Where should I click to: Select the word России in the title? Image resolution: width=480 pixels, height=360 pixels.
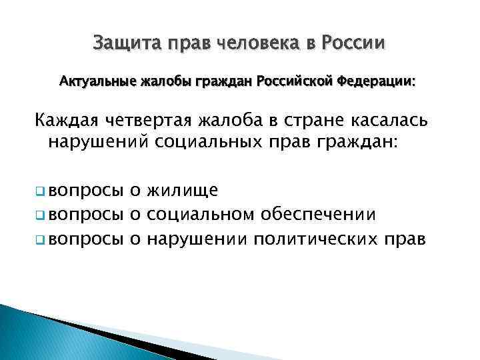point(353,44)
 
